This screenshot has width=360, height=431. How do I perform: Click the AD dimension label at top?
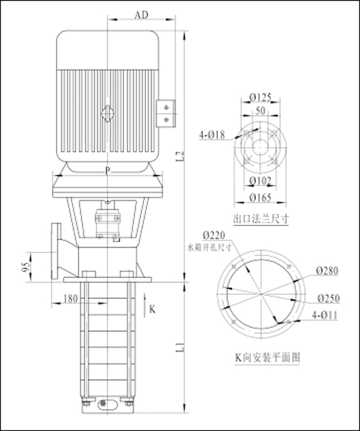tap(141, 15)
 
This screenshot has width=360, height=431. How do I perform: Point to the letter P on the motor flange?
tap(107, 171)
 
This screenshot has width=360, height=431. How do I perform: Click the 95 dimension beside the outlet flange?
tap(26, 267)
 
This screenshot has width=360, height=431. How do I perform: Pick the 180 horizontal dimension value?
tap(71, 299)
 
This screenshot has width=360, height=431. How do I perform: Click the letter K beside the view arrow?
tap(152, 309)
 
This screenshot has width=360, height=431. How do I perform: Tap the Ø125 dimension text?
tap(260, 97)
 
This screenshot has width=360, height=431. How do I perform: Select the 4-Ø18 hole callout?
tap(212, 135)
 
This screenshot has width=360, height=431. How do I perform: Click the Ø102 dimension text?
tap(260, 180)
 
